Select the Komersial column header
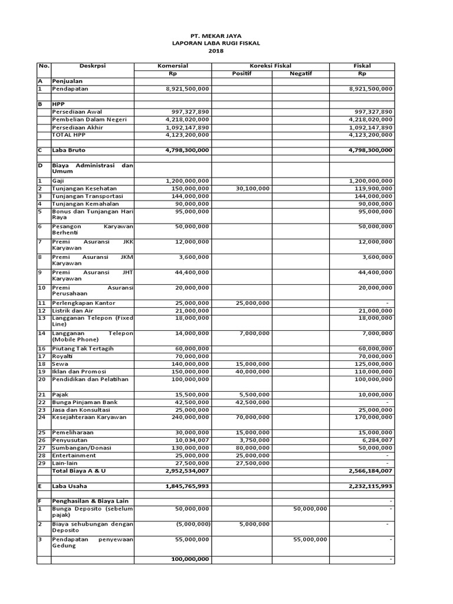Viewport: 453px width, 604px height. [172, 65]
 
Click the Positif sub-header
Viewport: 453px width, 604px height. [241, 73]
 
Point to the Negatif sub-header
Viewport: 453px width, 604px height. [300, 73]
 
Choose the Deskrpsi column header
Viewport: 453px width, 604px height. [91, 65]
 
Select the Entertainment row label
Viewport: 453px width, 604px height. [74, 455]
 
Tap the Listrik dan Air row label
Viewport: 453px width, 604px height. [73, 310]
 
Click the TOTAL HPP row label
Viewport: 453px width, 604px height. [69, 134]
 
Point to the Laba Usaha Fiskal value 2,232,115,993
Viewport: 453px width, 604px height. [370, 486]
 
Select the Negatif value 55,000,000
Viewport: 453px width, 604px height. [310, 539]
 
